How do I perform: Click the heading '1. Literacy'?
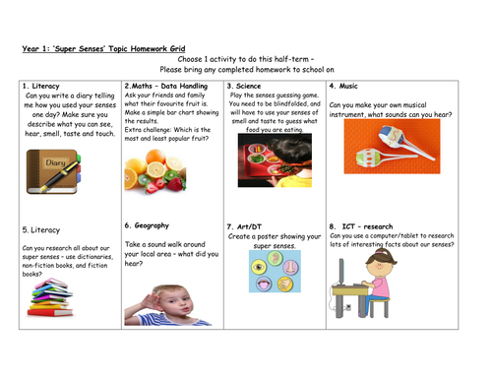point(41,87)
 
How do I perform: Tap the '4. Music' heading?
point(346,87)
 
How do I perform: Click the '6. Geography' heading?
point(151,224)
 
